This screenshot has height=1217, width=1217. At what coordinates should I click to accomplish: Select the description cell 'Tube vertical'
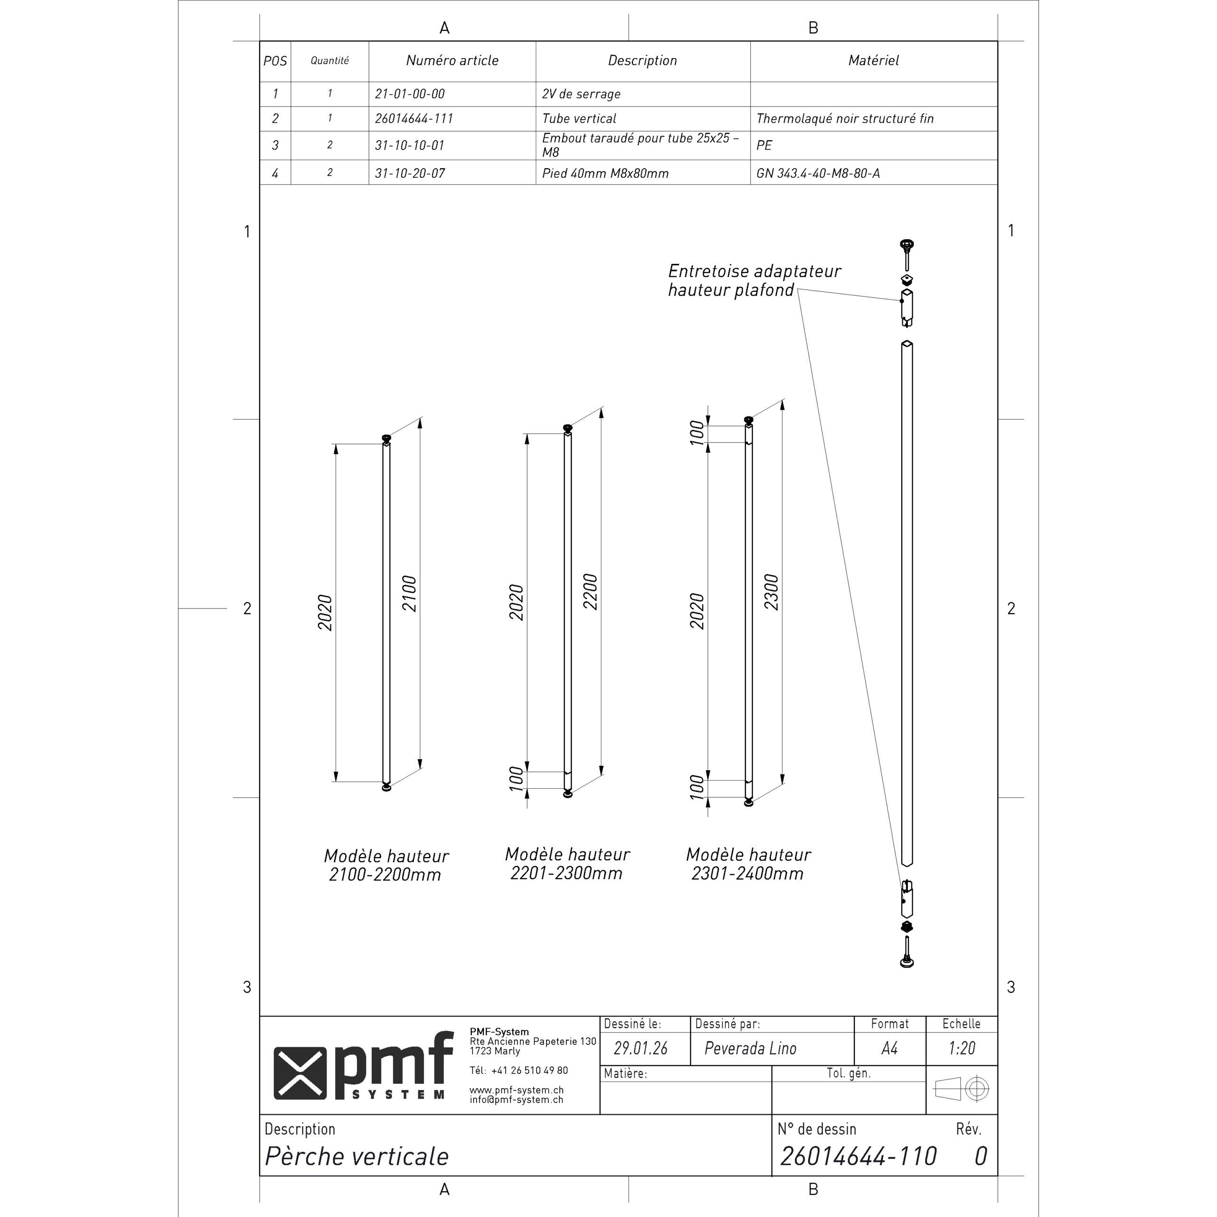(579, 118)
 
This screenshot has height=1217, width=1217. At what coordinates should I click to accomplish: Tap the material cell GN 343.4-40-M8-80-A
(818, 173)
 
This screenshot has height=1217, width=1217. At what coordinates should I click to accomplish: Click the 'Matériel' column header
(873, 60)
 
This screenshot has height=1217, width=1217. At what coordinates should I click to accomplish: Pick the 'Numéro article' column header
(452, 60)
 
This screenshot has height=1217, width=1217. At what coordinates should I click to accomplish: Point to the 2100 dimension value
(409, 593)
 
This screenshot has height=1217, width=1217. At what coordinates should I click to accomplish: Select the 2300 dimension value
(772, 592)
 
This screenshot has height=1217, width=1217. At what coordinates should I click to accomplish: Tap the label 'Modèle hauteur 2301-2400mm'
(748, 864)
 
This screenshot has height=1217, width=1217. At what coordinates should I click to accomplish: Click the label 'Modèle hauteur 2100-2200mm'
(386, 865)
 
